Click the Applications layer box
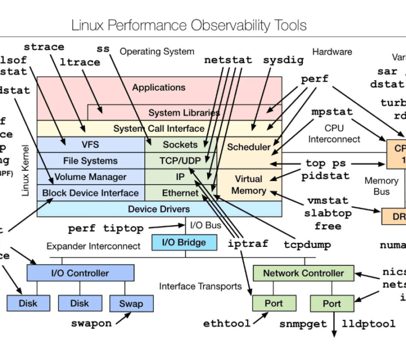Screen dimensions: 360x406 (159, 88)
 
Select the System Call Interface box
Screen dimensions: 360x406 (159, 128)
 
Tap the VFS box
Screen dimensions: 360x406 (91, 145)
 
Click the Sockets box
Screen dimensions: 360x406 (180, 145)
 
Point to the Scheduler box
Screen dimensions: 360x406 (249, 147)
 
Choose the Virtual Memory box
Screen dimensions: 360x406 (249, 185)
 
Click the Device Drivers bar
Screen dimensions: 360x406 (159, 208)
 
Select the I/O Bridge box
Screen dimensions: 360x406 (179, 242)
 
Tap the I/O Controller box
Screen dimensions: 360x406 (80, 273)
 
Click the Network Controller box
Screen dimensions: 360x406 (303, 273)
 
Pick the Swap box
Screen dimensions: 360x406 (130, 303)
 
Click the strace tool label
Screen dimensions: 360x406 (44, 47)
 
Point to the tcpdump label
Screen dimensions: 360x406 (307, 244)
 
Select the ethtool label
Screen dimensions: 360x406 (227, 323)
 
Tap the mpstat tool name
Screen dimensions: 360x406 (332, 111)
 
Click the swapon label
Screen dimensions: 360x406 (91, 323)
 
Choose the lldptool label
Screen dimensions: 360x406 (368, 323)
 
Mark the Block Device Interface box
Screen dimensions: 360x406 (91, 193)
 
